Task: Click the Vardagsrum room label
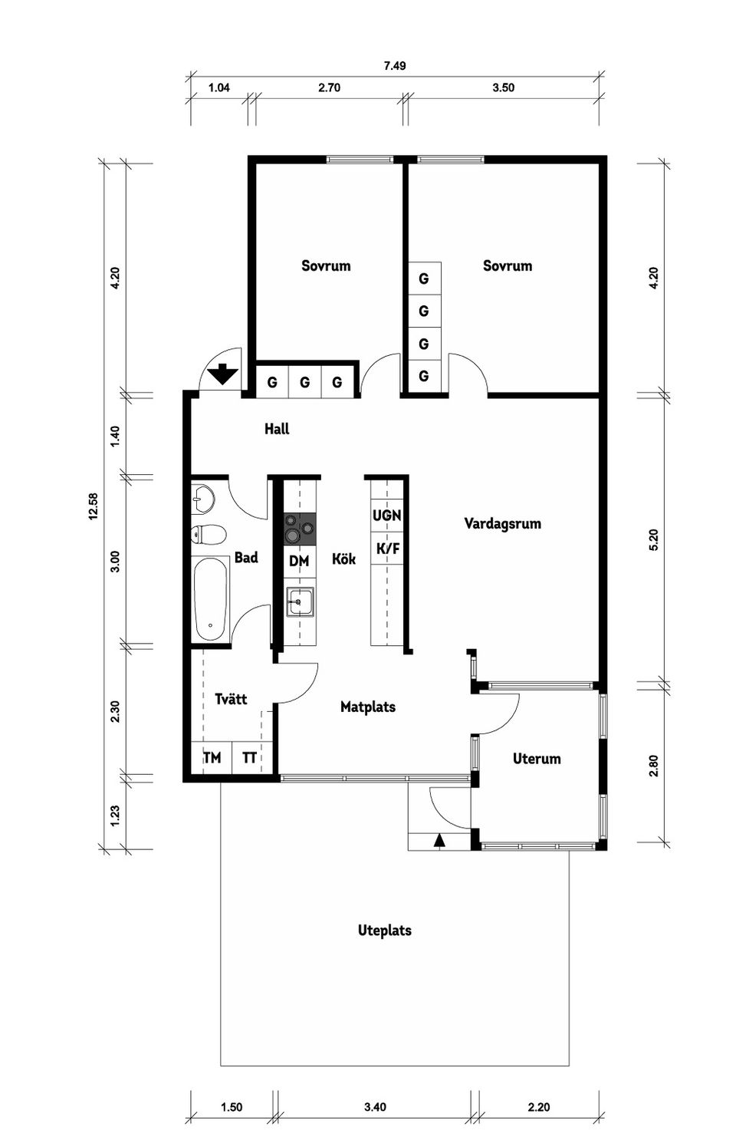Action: tap(502, 524)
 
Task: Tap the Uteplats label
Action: tap(385, 931)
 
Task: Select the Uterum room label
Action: tap(537, 759)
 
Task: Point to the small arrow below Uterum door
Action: tap(439, 840)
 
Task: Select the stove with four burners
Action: tap(299, 529)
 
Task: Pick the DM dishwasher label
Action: tap(299, 562)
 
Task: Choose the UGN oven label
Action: tap(386, 516)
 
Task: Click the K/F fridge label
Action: tap(387, 549)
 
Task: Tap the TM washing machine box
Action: tap(212, 758)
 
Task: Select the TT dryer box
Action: tap(249, 758)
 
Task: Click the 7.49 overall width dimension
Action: tap(395, 66)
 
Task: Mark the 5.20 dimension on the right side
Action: tap(653, 539)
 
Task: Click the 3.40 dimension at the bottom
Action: tap(375, 1107)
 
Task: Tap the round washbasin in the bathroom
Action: tap(202, 499)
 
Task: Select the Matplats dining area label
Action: tap(368, 707)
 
